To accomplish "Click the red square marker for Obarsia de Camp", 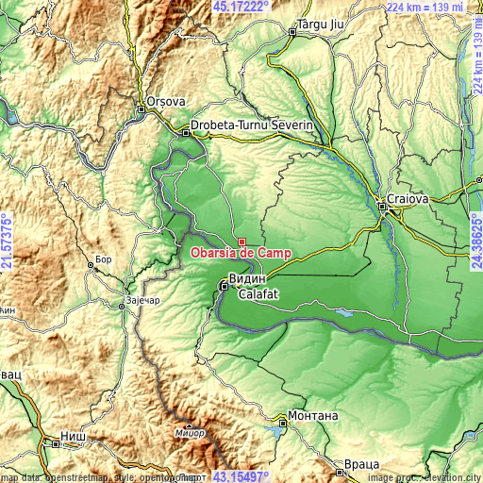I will coord(241,242).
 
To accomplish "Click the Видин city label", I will coord(248,280).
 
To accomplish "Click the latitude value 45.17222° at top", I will coord(241,7).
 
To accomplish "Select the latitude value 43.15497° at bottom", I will coord(241,476).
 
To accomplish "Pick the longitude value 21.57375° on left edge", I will coord(8,241).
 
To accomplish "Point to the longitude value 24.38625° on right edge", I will coord(475,241).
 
